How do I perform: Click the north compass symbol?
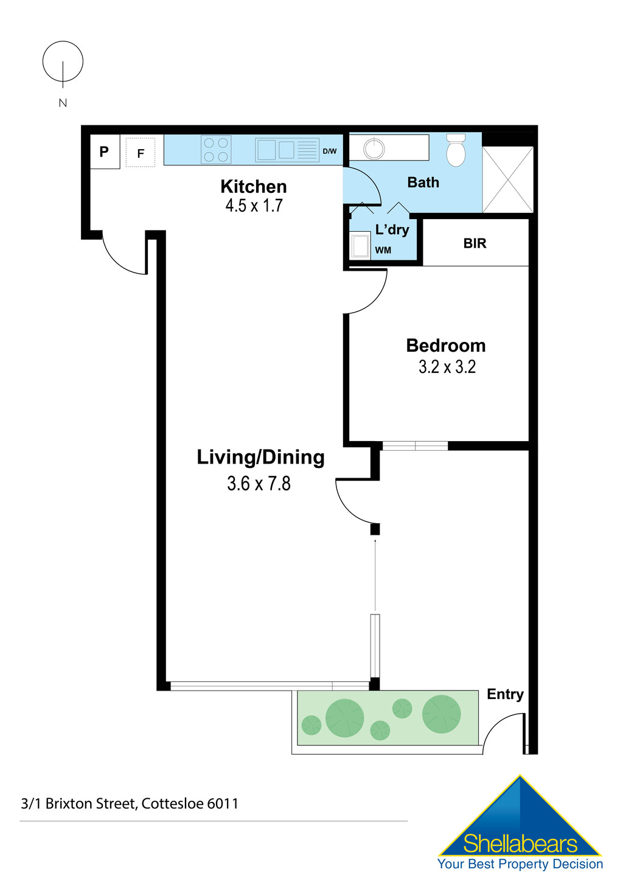click(x=63, y=62)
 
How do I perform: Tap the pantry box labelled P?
click(x=105, y=151)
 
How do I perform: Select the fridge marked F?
click(x=141, y=153)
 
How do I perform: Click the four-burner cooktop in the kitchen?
click(x=216, y=150)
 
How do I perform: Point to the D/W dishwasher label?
click(x=329, y=151)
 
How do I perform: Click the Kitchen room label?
click(x=253, y=186)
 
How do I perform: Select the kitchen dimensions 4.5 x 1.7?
click(x=254, y=206)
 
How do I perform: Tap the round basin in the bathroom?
click(x=374, y=148)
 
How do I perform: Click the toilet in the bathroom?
click(x=456, y=150)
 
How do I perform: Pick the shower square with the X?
click(x=507, y=179)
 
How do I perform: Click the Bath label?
click(x=423, y=183)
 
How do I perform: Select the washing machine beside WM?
click(x=360, y=246)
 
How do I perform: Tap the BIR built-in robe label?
click(x=475, y=243)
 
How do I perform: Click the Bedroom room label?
click(x=446, y=346)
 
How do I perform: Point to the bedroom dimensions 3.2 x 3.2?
click(x=447, y=367)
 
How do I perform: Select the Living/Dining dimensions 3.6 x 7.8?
click(x=259, y=484)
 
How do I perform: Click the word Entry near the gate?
click(x=505, y=694)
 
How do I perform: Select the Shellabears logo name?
click(x=520, y=844)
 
